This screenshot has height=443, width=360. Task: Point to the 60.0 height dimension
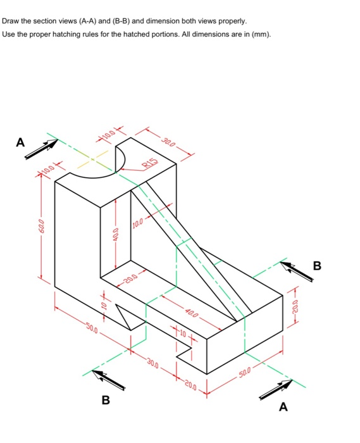(41, 225)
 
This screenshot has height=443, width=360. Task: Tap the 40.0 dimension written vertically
(115, 235)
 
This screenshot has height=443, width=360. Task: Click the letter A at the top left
(21, 143)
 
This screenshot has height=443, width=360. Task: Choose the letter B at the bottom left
(106, 400)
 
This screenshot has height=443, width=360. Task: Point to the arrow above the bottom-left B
(108, 380)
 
